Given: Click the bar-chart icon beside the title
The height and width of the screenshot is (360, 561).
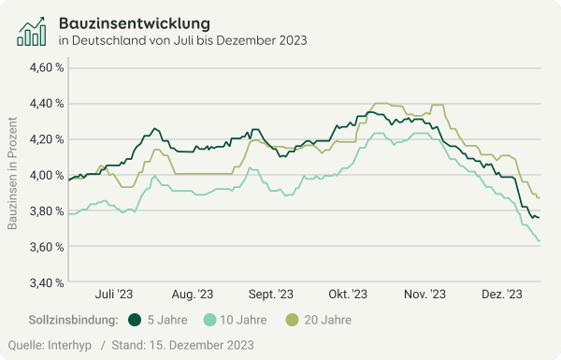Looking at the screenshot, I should click(x=33, y=30).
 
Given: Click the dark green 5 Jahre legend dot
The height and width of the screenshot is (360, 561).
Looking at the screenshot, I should click(x=135, y=320).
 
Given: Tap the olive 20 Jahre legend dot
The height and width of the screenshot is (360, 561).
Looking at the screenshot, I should click(x=293, y=320).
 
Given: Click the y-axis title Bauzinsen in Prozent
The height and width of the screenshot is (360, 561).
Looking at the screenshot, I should click(x=13, y=175).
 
